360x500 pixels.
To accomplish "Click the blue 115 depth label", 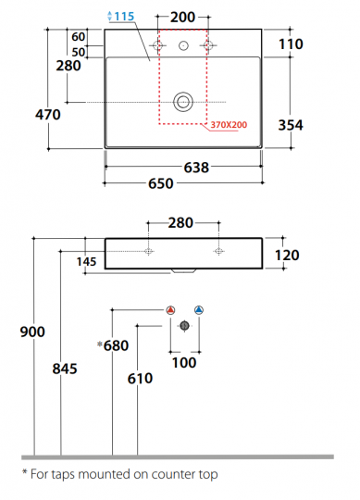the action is pyautogui.click(x=124, y=17).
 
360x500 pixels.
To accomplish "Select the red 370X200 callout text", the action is pyautogui.click(x=229, y=125).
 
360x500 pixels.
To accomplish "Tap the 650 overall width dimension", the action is pyautogui.click(x=161, y=183).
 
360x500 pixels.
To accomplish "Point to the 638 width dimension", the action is pyautogui.click(x=196, y=167).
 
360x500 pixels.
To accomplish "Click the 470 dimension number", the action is pyautogui.click(x=48, y=115).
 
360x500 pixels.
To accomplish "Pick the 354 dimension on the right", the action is pyautogui.click(x=291, y=125).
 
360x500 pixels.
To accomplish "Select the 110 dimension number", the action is pyautogui.click(x=291, y=44).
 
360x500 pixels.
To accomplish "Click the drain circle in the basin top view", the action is pyautogui.click(x=183, y=102).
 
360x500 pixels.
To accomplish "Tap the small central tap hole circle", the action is pyautogui.click(x=183, y=45).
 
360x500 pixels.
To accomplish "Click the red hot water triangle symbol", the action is pyautogui.click(x=171, y=310).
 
